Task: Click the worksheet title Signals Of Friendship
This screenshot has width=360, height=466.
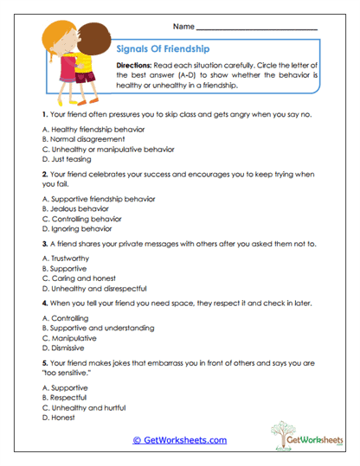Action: coord(162,48)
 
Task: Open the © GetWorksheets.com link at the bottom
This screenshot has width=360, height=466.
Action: coord(180,440)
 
